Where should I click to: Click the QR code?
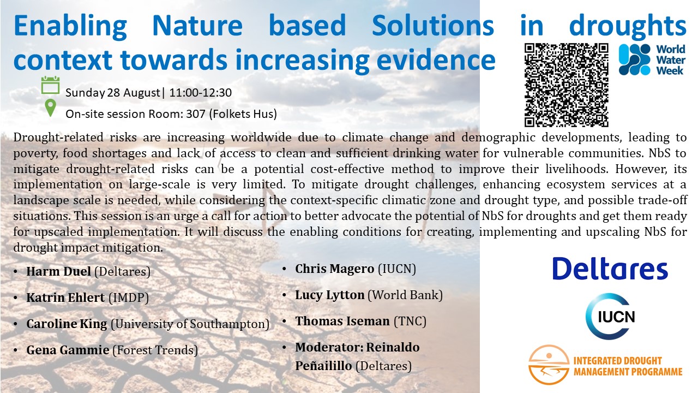[x=566, y=85]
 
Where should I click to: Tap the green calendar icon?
[x=51, y=85]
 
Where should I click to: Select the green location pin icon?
[x=51, y=108]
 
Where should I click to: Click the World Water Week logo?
[x=652, y=59]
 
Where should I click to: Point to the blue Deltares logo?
[x=610, y=269]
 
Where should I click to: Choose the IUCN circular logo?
[x=610, y=316]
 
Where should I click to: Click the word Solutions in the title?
[x=433, y=25]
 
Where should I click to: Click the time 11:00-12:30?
[x=200, y=93]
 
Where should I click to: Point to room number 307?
[x=196, y=114]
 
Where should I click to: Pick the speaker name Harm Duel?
[x=58, y=271]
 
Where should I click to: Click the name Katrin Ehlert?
[x=65, y=297]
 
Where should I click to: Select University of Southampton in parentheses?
[x=190, y=324]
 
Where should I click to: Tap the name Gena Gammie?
[x=68, y=350]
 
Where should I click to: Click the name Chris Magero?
[x=335, y=269]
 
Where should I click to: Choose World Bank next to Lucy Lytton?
[x=405, y=295]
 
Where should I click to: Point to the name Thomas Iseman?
[x=342, y=321]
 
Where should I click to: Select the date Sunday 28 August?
[x=113, y=93]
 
